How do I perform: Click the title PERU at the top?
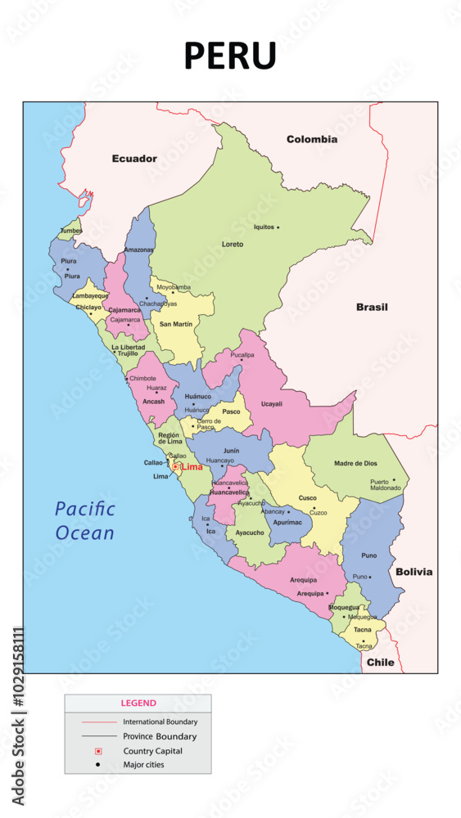[230, 56]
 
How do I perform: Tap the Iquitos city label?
[264, 227]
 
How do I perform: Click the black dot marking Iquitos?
[278, 227]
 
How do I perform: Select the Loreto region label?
[233, 245]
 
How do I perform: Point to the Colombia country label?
[312, 139]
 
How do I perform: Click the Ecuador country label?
[134, 159]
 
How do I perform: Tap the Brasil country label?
[372, 308]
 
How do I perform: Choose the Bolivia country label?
[414, 572]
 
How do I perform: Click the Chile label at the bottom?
[381, 662]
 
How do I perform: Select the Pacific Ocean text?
[85, 521]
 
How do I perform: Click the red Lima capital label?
[192, 467]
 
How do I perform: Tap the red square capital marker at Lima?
[175, 467]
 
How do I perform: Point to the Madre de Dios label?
[355, 464]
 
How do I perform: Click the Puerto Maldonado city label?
[386, 485]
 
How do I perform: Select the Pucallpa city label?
[242, 355]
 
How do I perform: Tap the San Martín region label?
[176, 324]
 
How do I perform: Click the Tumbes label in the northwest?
[71, 231]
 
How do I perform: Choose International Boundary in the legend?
[160, 721]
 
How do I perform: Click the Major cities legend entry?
[143, 765]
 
